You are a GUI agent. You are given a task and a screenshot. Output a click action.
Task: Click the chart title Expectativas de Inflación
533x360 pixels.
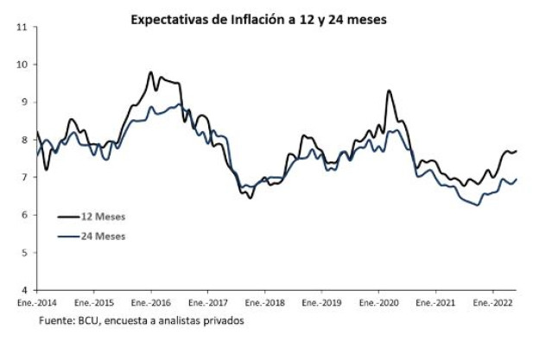(x=257, y=16)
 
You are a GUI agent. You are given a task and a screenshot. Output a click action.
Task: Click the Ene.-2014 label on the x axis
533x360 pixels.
(x=37, y=304)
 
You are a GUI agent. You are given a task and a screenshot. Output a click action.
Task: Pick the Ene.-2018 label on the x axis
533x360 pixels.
(x=264, y=304)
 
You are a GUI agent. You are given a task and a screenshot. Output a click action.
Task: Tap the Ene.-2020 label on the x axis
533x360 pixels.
(x=378, y=304)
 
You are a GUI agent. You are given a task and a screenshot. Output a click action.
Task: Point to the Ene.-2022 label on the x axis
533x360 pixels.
(x=492, y=304)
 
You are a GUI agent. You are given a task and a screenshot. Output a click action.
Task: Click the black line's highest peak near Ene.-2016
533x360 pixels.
(x=150, y=73)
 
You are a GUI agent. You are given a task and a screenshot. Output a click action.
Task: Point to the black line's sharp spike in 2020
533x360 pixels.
(x=389, y=91)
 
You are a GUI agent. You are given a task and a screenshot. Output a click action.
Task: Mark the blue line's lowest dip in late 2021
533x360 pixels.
(x=477, y=205)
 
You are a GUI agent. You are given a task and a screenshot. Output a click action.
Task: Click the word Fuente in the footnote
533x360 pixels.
(x=54, y=321)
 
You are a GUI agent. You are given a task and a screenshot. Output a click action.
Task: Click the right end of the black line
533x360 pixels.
(x=516, y=151)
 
